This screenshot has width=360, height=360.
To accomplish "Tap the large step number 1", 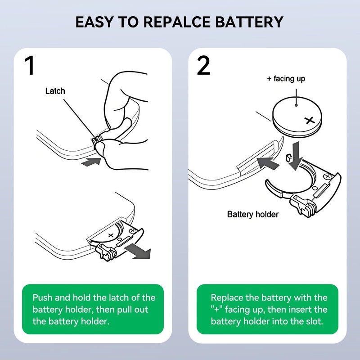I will click(x=29, y=65).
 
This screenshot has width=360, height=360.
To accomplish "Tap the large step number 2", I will click(x=203, y=65).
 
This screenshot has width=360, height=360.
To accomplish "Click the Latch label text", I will click(x=55, y=91).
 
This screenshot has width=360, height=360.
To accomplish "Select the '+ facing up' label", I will click(x=286, y=79).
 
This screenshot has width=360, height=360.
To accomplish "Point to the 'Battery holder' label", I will click(x=252, y=214).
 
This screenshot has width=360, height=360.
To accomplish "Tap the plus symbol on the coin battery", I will click(x=309, y=120).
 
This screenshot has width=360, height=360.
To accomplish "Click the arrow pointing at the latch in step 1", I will click(x=92, y=161).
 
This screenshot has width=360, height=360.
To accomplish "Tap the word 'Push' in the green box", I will click(x=44, y=298).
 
